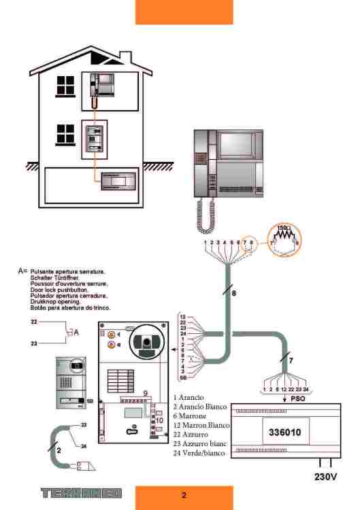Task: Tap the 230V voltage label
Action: (x=326, y=477)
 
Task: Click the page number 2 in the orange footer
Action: (x=184, y=496)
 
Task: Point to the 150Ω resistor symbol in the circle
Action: (x=284, y=235)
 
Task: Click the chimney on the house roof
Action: (x=125, y=57)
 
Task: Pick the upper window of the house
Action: (x=65, y=85)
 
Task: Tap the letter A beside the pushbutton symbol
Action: (x=76, y=332)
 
